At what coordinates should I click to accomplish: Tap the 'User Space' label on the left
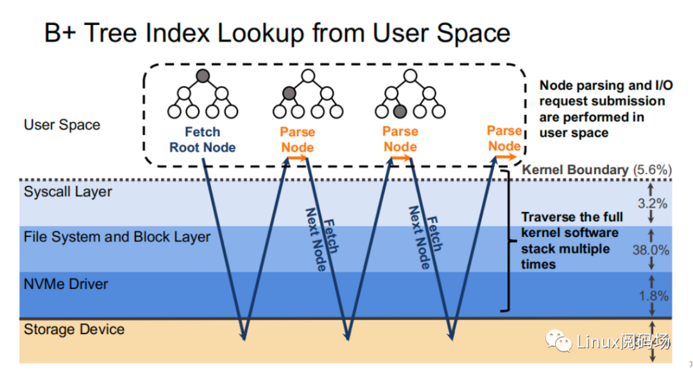[62, 125]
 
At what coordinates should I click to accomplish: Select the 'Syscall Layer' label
[67, 191]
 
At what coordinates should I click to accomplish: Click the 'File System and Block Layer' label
[117, 236]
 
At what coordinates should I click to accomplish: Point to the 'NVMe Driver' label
[66, 283]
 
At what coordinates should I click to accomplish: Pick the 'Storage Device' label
[74, 330]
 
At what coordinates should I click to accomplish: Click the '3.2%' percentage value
[652, 204]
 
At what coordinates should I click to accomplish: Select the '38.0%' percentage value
[651, 250]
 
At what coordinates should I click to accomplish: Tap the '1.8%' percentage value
[652, 296]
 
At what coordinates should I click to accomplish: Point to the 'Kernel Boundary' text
[575, 170]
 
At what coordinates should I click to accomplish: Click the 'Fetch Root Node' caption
[202, 140]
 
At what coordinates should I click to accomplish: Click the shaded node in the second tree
[289, 94]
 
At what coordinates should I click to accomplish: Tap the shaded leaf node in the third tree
[400, 111]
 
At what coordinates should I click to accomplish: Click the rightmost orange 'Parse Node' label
[504, 139]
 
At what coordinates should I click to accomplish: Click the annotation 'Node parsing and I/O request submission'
[601, 93]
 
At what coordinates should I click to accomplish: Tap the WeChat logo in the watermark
[559, 341]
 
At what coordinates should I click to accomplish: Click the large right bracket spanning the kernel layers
[509, 241]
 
